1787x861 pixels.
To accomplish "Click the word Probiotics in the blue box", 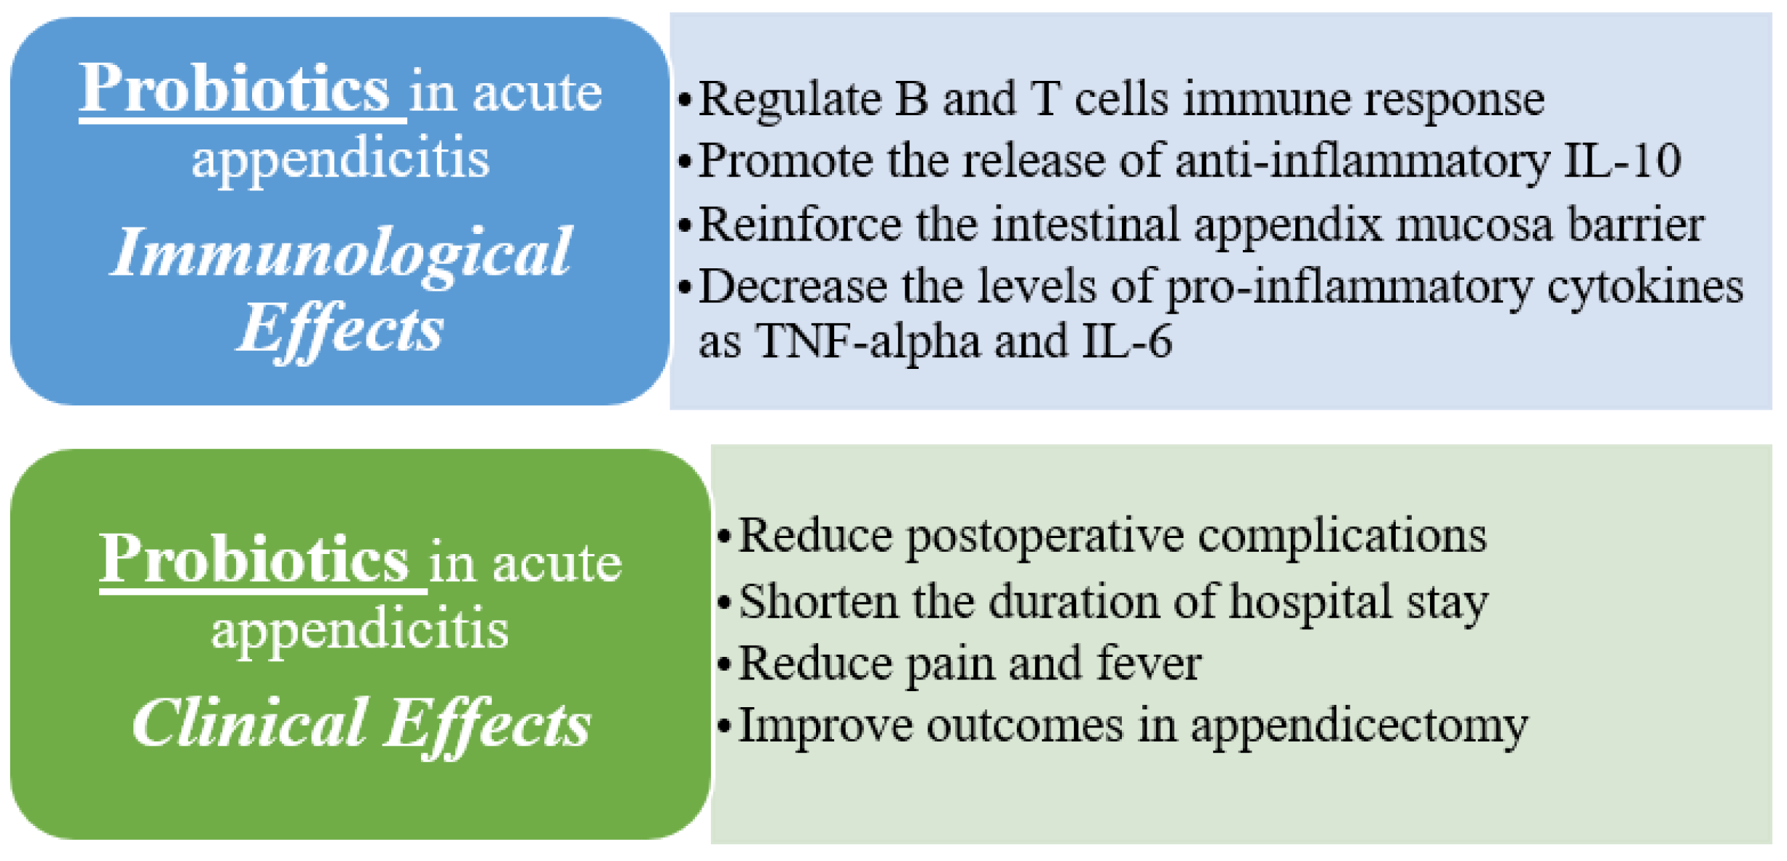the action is (235, 90).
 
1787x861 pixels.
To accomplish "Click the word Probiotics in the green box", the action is (254, 559).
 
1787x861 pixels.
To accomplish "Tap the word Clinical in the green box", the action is (250, 722).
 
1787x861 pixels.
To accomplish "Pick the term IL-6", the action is (1128, 340).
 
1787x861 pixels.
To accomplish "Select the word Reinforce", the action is (800, 224).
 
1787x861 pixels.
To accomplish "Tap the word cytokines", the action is (1645, 287).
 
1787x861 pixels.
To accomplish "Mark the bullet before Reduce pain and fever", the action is (723, 665).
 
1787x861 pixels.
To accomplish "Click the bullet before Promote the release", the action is (684, 162).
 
